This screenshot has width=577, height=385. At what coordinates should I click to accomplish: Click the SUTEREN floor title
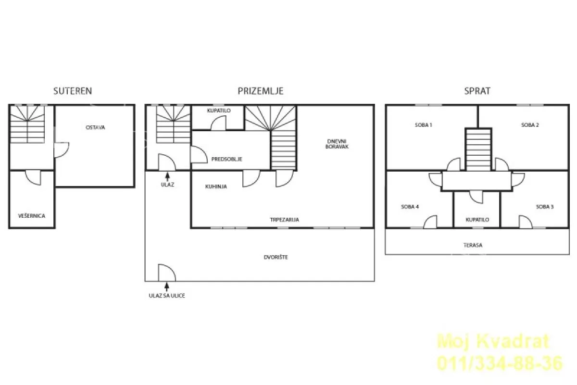click(x=73, y=91)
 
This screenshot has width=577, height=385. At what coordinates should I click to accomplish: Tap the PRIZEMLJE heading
click(x=261, y=91)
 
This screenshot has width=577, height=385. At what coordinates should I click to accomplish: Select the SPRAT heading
click(x=477, y=91)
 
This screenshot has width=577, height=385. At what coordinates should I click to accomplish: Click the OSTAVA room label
click(x=95, y=127)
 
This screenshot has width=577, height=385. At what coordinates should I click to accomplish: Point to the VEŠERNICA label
click(x=32, y=216)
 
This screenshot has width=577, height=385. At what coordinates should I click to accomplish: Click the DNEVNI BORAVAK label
click(x=337, y=144)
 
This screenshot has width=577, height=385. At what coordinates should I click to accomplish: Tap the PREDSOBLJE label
click(x=227, y=159)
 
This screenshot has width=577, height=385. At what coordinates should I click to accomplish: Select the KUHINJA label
click(x=216, y=186)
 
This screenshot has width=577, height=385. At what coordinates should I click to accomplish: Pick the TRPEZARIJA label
click(x=284, y=220)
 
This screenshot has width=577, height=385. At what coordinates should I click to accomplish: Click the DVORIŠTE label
click(x=276, y=257)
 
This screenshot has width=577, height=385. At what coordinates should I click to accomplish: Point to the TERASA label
click(x=473, y=245)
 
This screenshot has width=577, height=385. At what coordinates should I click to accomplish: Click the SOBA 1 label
click(x=424, y=125)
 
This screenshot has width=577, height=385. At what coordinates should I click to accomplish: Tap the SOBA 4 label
click(x=410, y=207)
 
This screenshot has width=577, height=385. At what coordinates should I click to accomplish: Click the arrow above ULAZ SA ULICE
click(x=167, y=287)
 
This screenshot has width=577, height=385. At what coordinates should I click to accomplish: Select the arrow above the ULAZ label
click(x=168, y=177)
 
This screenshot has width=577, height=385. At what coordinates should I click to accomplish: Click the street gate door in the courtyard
click(x=167, y=273)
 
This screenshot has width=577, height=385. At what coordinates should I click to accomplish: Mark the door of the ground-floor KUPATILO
click(x=218, y=123)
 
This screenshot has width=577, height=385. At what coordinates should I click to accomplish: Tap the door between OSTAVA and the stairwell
click(x=62, y=149)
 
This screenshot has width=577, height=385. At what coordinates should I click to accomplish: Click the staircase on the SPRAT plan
click(x=478, y=149)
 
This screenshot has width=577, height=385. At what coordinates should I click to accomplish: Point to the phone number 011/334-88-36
click(x=500, y=363)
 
